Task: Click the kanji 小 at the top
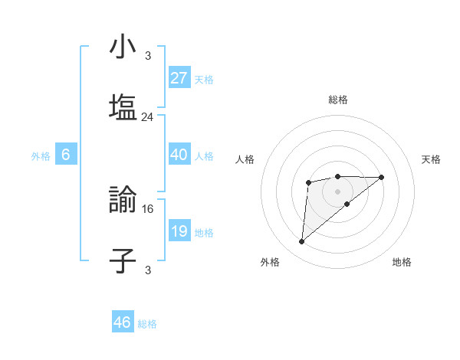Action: (123, 47)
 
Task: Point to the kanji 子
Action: (123, 260)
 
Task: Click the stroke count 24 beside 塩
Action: (148, 117)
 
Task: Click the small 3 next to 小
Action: (148, 56)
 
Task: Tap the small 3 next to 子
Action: (148, 270)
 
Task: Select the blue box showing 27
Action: (179, 78)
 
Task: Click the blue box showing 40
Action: (179, 155)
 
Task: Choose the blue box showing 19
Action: (179, 231)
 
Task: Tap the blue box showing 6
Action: (66, 155)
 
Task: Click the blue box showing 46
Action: (123, 322)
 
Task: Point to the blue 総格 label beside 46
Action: (147, 324)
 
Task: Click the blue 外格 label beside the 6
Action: (41, 156)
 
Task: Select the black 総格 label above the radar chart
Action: (337, 100)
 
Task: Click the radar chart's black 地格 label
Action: (402, 263)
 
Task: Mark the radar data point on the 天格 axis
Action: (382, 177)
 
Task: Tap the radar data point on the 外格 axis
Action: (302, 242)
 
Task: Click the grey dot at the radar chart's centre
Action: (337, 191)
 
